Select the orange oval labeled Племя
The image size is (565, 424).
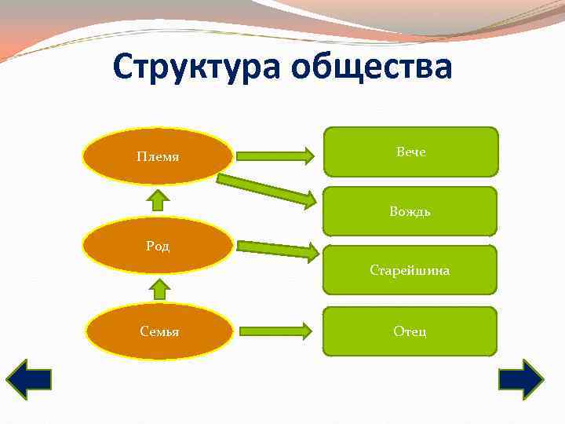(x=158, y=156)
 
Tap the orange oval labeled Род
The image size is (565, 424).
(x=158, y=245)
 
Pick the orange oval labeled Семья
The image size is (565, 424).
(x=159, y=331)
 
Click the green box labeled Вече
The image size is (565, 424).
(x=410, y=152)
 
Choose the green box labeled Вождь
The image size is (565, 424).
(x=410, y=211)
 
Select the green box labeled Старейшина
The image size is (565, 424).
(x=410, y=270)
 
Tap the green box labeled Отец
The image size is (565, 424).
(x=410, y=331)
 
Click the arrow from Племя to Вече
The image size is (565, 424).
(x=275, y=155)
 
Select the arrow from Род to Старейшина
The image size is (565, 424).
(x=276, y=249)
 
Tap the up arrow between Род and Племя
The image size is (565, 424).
(x=159, y=200)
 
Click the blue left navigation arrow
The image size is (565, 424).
(x=29, y=381)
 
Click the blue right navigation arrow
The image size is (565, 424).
(x=520, y=381)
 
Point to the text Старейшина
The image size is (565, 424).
(x=410, y=270)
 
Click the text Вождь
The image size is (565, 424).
(x=410, y=211)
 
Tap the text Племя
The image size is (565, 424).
(x=158, y=156)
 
